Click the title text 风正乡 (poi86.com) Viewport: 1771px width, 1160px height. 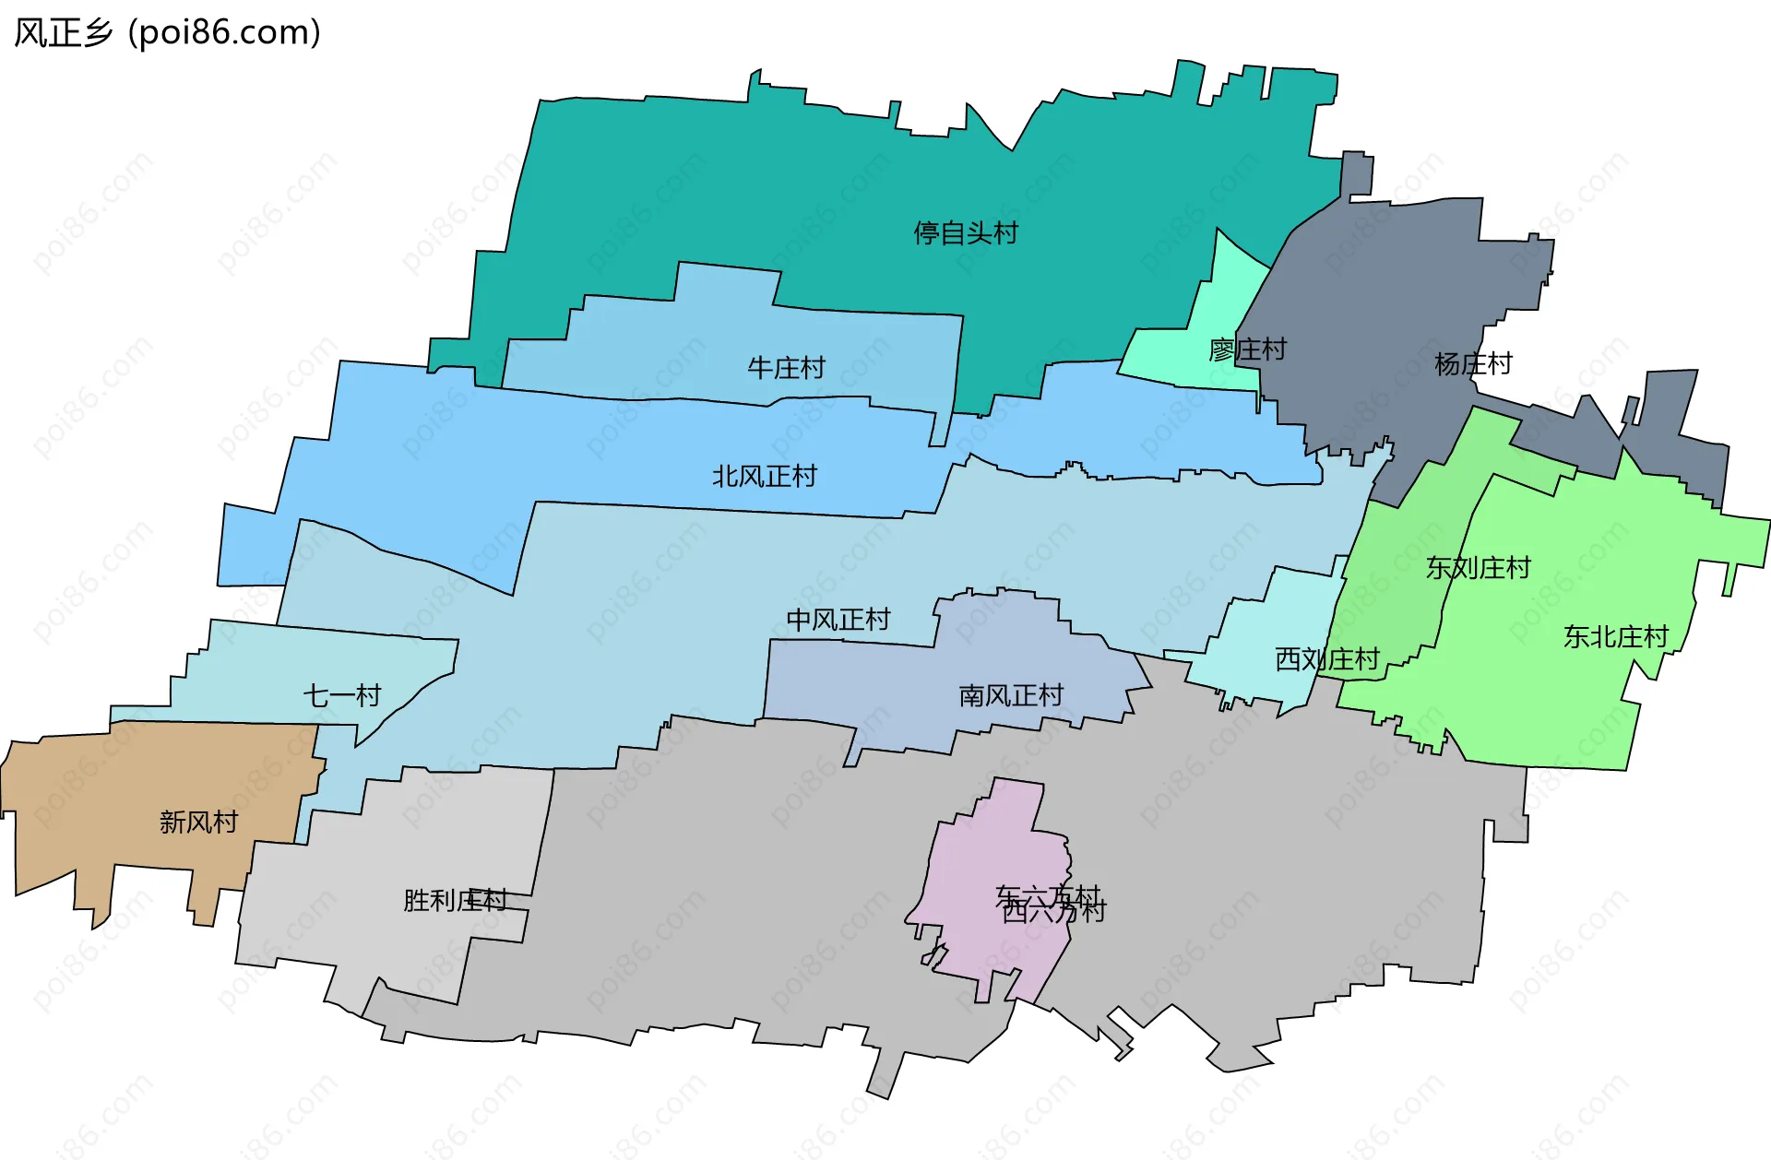tap(167, 32)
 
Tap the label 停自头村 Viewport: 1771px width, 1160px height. tap(966, 233)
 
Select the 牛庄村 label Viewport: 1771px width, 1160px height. tap(786, 368)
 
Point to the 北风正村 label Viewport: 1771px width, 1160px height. tap(764, 476)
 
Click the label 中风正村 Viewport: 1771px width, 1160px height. tap(838, 620)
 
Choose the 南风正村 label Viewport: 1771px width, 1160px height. tap(1011, 695)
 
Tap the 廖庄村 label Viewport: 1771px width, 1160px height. tap(1247, 349)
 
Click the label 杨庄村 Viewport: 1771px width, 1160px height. tap(1473, 364)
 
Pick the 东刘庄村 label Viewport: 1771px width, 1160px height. tap(1478, 567)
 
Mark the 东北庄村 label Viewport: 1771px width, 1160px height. tap(1616, 636)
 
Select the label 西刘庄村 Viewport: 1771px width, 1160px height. tap(1326, 658)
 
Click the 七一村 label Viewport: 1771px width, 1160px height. tap(342, 695)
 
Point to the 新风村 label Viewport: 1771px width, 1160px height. tap(198, 822)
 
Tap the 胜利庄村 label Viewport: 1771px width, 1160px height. tap(455, 900)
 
